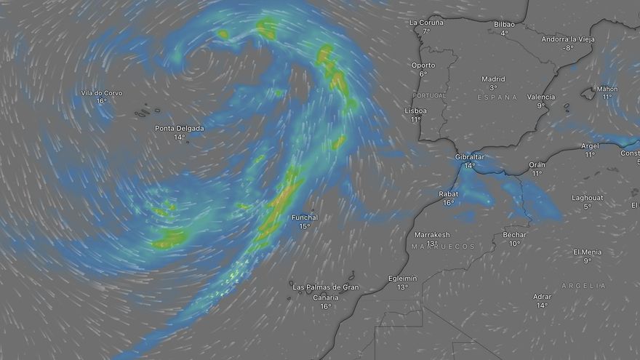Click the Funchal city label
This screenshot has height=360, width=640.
304,217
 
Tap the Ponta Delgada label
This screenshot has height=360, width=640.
180,129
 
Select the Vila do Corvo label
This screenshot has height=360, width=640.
101,93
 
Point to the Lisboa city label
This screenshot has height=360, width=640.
415,111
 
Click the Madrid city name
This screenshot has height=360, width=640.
493,79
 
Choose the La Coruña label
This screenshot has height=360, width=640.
426,23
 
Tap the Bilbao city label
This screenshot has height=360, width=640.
504,24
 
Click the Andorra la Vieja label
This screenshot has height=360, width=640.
568,39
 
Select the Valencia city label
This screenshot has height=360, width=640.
541,97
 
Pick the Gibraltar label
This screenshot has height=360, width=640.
470,156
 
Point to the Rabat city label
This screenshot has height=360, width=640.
448,193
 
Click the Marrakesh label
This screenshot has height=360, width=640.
432,235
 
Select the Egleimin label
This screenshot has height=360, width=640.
403,278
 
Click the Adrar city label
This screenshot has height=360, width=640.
542,296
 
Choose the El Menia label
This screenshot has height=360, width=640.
587,252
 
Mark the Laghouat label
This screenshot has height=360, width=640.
587,197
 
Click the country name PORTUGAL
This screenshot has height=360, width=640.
430,95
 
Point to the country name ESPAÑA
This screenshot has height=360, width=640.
497,97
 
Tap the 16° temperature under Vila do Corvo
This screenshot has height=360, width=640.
101,102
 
